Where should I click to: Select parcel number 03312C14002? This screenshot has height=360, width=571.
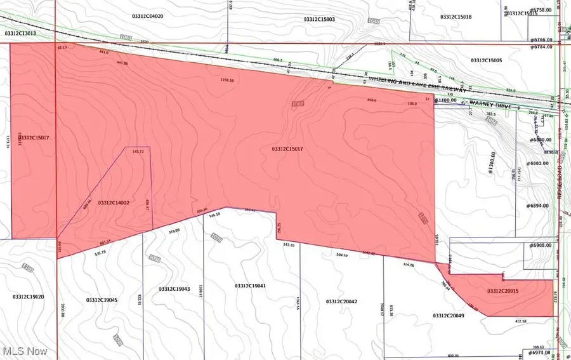pos(114,203)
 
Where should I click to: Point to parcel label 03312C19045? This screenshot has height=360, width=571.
pos(102,299)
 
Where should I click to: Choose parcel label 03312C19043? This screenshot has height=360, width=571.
pos(174,289)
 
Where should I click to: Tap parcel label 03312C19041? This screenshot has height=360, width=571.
pos(250,286)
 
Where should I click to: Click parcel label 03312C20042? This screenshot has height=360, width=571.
pos(341,301)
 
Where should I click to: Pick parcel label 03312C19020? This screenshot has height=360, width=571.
pos(28,297)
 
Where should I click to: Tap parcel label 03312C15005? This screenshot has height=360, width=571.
pos(486,60)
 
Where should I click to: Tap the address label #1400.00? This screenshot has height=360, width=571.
pos(446,100)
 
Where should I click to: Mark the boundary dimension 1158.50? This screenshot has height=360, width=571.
pos(227,81)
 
